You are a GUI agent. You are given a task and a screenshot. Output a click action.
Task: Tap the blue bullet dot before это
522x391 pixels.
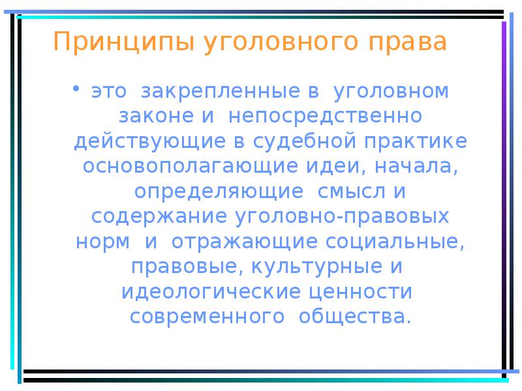coord(78,88)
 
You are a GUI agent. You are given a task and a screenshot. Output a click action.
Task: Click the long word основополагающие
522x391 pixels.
coord(189,166)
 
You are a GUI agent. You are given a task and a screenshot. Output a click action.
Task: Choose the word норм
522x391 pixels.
coord(103,241)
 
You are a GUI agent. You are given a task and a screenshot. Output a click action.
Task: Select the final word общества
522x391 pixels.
coord(355,317)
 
